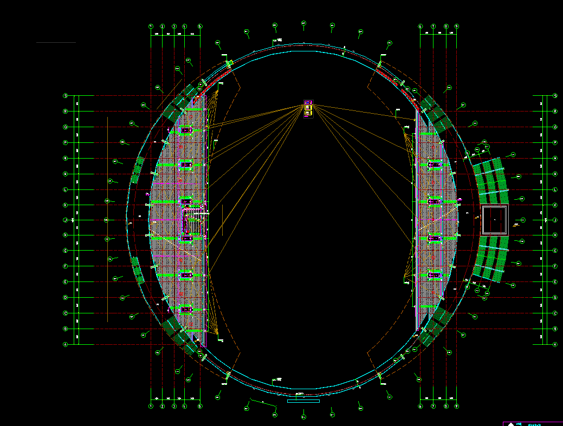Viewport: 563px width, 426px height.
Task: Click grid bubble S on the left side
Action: tap(66, 96)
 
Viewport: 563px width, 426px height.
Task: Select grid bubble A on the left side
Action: tap(66, 344)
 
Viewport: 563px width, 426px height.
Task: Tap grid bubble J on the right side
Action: tap(555, 220)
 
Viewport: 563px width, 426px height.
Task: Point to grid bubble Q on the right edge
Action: tap(555, 127)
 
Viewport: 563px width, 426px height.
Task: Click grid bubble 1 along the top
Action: tap(151, 26)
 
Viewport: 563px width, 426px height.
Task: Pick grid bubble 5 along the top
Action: tap(200, 26)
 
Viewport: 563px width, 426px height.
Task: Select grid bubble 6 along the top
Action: tap(420, 26)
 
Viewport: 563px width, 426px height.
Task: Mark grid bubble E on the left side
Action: tap(66, 282)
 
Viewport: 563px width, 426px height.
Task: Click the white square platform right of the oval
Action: tap(494, 220)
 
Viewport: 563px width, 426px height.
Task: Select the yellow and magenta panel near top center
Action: tap(308, 108)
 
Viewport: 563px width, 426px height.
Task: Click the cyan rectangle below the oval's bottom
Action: tap(303, 401)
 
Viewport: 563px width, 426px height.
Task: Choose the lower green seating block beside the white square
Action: tap(490, 262)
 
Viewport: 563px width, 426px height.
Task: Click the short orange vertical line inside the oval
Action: tap(222, 220)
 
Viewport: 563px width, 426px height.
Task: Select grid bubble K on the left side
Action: tap(66, 205)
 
